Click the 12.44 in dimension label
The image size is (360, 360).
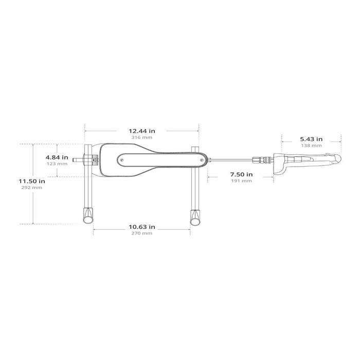tap(141, 131)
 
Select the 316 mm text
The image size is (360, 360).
tap(141, 137)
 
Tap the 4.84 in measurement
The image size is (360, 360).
tap(57, 157)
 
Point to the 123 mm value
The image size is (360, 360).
tap(57, 164)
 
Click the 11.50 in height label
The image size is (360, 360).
tap(32, 181)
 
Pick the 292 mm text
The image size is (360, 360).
tap(32, 188)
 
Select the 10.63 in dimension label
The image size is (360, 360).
tap(141, 227)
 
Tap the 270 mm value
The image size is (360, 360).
tap(141, 233)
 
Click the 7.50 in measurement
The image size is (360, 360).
tap(241, 174)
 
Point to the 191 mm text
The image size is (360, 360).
tap(241, 181)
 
